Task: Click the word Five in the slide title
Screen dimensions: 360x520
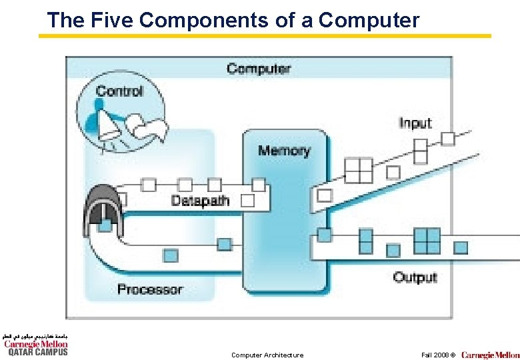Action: point(109,20)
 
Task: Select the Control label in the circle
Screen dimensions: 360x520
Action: point(119,91)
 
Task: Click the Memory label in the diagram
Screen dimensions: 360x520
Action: point(284,150)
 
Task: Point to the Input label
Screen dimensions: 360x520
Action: point(415,123)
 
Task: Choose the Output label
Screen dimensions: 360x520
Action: point(415,277)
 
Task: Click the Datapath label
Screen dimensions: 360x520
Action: point(200,200)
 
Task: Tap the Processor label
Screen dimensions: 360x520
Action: point(149,289)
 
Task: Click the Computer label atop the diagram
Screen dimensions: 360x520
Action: point(259,68)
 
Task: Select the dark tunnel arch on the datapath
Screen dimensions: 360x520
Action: point(103,211)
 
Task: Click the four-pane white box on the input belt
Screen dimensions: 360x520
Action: point(359,169)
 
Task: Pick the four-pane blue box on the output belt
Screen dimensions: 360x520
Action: point(427,240)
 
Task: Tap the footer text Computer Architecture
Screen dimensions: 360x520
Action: point(267,355)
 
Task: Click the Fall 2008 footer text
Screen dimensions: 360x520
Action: point(437,355)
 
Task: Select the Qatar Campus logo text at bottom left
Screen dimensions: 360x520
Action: point(37,351)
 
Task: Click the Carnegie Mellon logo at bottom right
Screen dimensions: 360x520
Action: point(491,355)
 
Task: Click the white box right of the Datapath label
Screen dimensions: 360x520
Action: point(247,200)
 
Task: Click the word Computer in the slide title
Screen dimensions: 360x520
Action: point(369,20)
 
